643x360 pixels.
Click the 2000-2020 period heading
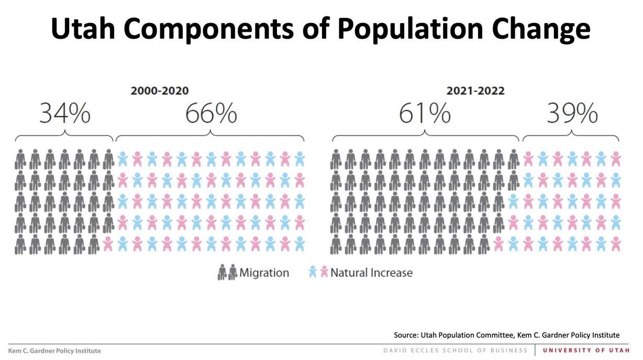(x=159, y=91)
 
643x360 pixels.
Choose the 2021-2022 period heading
(x=475, y=91)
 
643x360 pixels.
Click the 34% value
(x=65, y=114)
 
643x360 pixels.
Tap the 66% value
(x=211, y=114)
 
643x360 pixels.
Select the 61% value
(x=425, y=114)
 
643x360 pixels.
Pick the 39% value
(x=572, y=114)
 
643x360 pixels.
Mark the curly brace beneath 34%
(x=64, y=137)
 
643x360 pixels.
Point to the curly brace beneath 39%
(x=571, y=137)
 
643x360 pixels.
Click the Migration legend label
(x=264, y=273)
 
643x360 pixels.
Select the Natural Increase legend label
(x=371, y=273)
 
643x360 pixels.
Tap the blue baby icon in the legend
(x=313, y=272)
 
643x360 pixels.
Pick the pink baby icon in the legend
(x=324, y=272)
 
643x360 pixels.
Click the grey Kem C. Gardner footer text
(x=54, y=351)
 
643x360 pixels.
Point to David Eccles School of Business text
(x=455, y=350)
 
